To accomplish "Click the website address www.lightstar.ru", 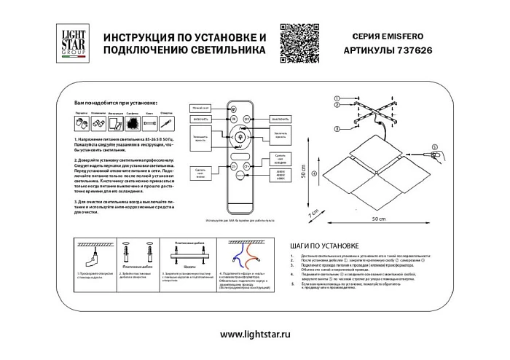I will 254,334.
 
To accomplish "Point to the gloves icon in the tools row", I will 82,124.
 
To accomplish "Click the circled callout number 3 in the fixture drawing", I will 337,129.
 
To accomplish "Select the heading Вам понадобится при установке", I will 116,105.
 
